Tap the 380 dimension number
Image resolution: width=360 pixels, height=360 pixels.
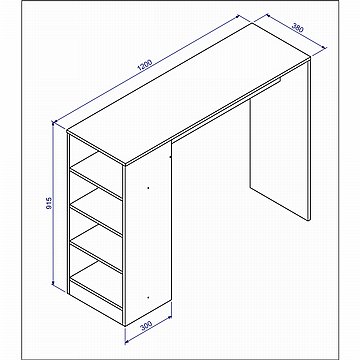298,27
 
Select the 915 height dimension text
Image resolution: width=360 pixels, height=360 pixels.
49,203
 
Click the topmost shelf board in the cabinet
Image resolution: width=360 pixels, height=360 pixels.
96,175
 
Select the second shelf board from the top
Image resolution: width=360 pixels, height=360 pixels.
96,212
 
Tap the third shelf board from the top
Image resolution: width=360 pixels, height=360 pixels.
96,249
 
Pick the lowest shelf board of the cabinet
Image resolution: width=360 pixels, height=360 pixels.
96,285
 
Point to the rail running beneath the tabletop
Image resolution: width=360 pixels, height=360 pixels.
227,108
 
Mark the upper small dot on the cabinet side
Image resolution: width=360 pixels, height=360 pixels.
148,188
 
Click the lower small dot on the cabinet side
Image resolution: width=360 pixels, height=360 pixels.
148,297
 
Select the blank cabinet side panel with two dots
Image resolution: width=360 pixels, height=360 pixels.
148,233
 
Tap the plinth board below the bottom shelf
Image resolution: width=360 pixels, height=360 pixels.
96,303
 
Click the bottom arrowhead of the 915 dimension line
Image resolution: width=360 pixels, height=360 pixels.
53,283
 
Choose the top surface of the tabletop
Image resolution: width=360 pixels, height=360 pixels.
189,94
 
